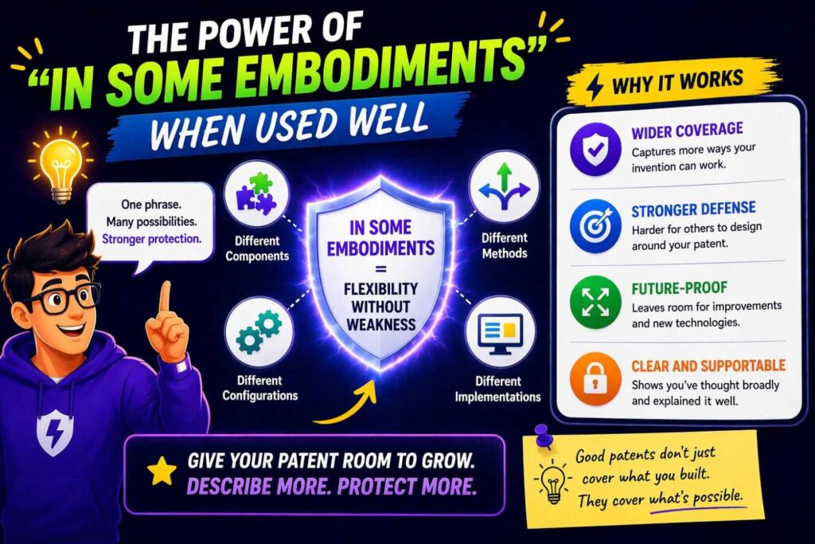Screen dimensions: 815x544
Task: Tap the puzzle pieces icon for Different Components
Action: [x=256, y=194]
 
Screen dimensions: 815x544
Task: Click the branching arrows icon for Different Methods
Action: [x=504, y=186]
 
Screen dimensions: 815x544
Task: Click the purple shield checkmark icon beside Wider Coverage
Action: [x=595, y=149]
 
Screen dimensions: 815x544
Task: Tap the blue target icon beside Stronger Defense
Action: [x=595, y=226]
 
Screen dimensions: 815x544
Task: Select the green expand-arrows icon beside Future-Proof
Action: [x=595, y=303]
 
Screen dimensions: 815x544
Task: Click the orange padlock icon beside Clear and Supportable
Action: [x=595, y=379]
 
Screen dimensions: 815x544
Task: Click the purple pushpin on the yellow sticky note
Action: [x=543, y=436]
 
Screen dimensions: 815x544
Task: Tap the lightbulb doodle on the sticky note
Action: [x=552, y=482]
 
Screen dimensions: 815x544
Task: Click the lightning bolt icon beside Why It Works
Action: [x=595, y=88]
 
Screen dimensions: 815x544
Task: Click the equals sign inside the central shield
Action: [x=380, y=270]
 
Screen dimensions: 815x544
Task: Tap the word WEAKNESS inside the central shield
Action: [x=381, y=325]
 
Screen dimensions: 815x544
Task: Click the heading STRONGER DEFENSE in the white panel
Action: [x=693, y=209]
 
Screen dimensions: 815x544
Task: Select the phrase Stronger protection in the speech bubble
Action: [x=151, y=239]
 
